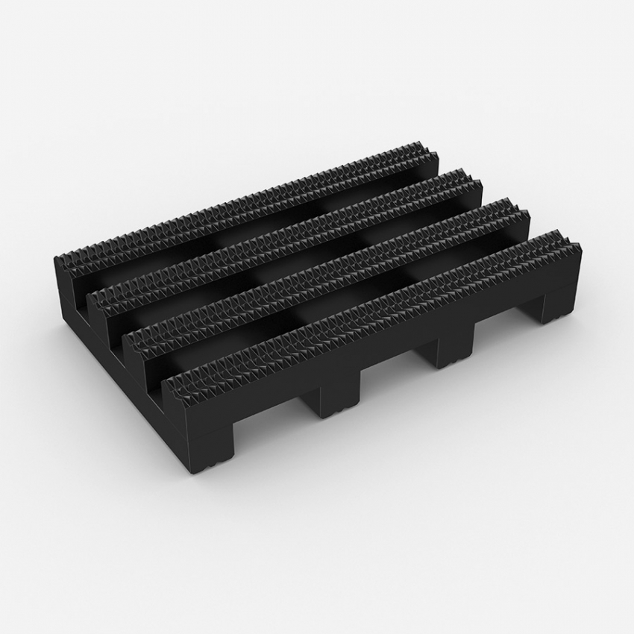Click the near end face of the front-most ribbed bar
(177, 407)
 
